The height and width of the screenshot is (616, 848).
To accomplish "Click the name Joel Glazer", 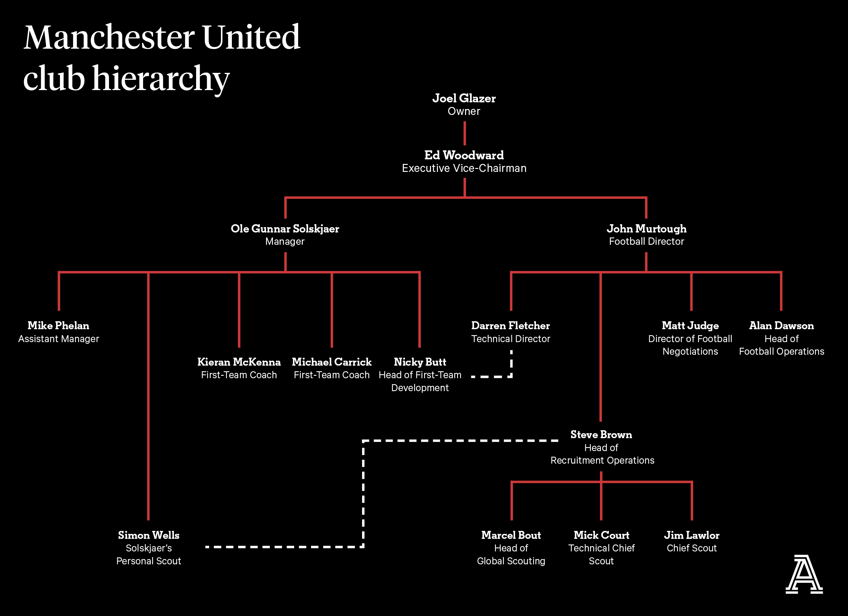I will [464, 98].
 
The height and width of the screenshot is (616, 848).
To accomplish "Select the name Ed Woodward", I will [464, 155].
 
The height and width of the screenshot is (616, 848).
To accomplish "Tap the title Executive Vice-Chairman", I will [464, 168].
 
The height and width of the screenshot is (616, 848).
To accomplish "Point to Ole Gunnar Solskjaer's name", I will [285, 229].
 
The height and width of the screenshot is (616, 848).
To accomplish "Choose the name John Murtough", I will [647, 229].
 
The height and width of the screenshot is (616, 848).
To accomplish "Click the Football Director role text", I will [647, 241].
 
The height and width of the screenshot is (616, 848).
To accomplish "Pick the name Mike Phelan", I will [59, 326].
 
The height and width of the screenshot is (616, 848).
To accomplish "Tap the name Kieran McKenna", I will [239, 362].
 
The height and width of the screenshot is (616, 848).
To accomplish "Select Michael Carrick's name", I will [332, 362].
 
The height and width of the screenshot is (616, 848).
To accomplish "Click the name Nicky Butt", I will [420, 362].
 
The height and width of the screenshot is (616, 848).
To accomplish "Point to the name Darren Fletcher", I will [511, 326].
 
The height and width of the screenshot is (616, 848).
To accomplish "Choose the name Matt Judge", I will [690, 326].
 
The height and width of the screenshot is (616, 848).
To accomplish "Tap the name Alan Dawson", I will [781, 326].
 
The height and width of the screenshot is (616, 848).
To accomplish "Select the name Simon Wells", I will [149, 535].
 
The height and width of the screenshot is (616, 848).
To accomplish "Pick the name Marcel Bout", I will [511, 535].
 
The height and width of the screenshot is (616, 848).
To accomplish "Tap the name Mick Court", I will [602, 535].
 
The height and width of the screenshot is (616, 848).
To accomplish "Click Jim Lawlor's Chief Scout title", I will [692, 548].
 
